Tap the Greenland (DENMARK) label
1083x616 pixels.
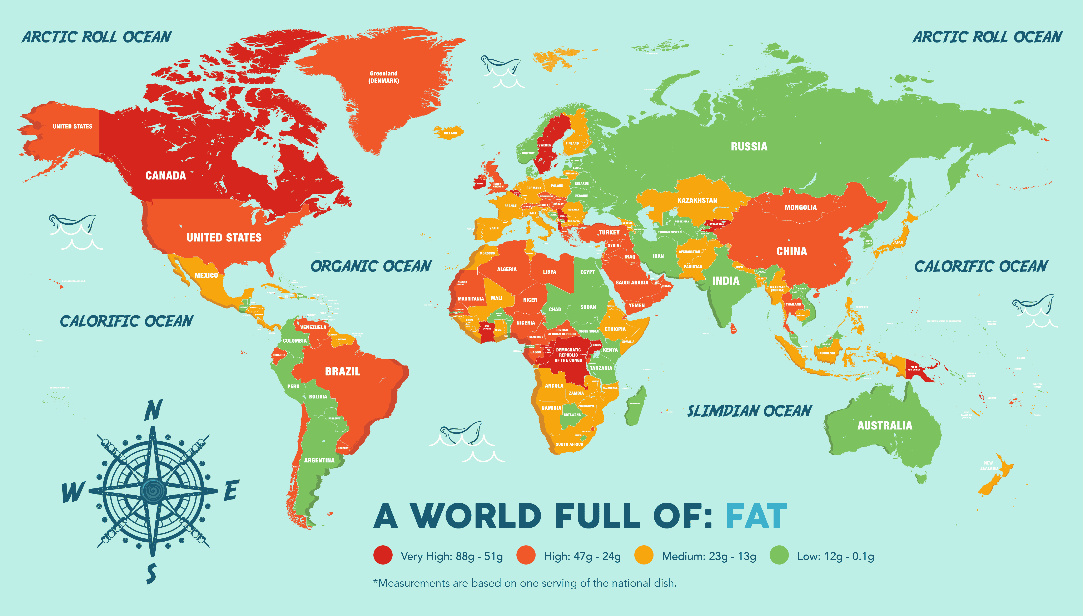[x=384, y=77]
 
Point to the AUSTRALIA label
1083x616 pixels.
[x=885, y=426]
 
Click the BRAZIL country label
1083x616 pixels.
[x=342, y=372]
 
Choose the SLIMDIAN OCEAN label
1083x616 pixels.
[x=749, y=411]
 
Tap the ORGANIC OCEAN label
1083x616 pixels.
[x=371, y=266]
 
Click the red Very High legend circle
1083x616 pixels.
[x=383, y=556]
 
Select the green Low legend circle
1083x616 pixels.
[x=779, y=556]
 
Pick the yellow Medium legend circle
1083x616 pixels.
[x=644, y=556]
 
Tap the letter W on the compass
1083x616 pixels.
[x=73, y=492]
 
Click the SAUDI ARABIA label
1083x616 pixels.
[x=632, y=283]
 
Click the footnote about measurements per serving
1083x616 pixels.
[x=525, y=583]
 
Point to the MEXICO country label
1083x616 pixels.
[x=206, y=275]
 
